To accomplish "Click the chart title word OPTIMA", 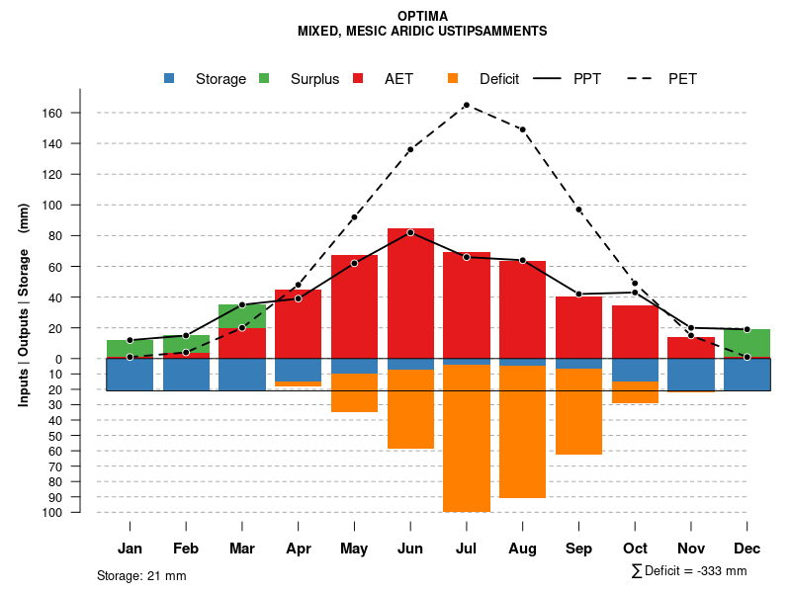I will [x=422, y=16].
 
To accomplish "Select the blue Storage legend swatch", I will [x=169, y=79].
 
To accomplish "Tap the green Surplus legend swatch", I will [x=264, y=79].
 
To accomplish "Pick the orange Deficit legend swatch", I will [x=453, y=79].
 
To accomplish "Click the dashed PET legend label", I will [x=682, y=79].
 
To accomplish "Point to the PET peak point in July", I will [x=466, y=105].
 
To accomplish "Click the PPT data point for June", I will [x=410, y=232].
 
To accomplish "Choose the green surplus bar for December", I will [x=747, y=343].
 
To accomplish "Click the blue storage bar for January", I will [x=130, y=375].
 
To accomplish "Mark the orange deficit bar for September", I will [x=578, y=411].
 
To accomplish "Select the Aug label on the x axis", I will [x=522, y=549].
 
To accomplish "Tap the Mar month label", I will [x=242, y=549].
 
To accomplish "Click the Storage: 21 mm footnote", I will [x=141, y=575].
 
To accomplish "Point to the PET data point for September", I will [x=578, y=210].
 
